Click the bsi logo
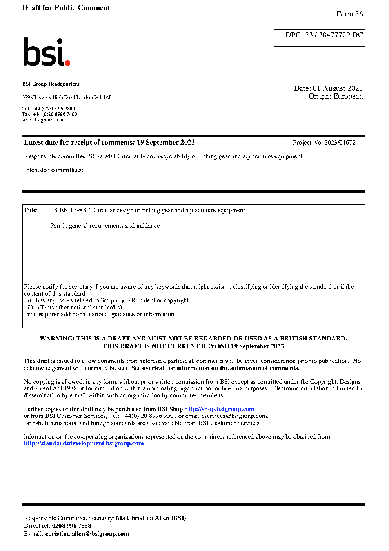click(x=46, y=52)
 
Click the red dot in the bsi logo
click(x=67, y=62)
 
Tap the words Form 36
click(x=349, y=14)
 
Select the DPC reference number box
click(x=319, y=38)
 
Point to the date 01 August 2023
click(x=338, y=88)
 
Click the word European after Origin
click(x=348, y=96)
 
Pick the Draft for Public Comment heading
click(x=66, y=8)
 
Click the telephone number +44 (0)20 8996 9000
click(x=54, y=109)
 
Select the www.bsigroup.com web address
click(x=43, y=120)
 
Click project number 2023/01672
click(x=340, y=143)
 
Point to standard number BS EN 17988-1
click(x=71, y=210)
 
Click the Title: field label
click(x=31, y=210)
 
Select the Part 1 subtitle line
click(x=105, y=226)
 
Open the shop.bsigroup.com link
click(x=219, y=409)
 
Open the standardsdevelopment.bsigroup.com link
click(x=84, y=443)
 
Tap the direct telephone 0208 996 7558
click(x=71, y=526)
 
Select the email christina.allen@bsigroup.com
click(x=87, y=534)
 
